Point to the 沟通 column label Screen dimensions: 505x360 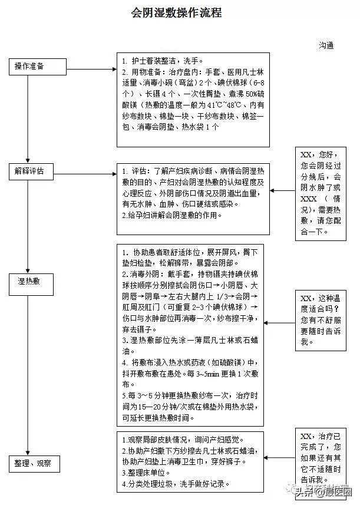pos(326,44)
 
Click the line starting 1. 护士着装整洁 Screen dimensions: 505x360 pos(161,60)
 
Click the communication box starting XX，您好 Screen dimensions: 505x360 pos(321,192)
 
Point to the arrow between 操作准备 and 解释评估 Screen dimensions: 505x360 pos(28,118)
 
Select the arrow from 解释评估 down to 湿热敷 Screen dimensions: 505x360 pos(28,224)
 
